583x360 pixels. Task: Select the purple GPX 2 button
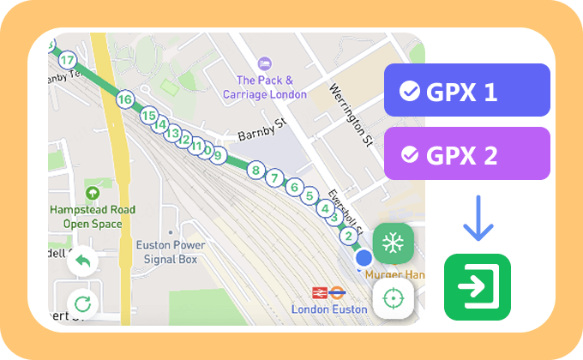[467, 153]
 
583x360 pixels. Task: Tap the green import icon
[477, 287]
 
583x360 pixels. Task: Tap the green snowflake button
[394, 243]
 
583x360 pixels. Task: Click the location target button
[394, 297]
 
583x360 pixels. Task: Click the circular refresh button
[83, 303]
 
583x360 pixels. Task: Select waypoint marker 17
[67, 60]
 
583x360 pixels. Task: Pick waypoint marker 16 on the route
[125, 99]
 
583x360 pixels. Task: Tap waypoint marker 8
[255, 171]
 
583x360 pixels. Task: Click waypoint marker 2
[348, 235]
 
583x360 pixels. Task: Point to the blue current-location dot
[364, 257]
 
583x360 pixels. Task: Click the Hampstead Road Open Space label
[93, 217]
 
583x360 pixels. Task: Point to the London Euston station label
[329, 309]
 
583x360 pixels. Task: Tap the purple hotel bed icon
[266, 63]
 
